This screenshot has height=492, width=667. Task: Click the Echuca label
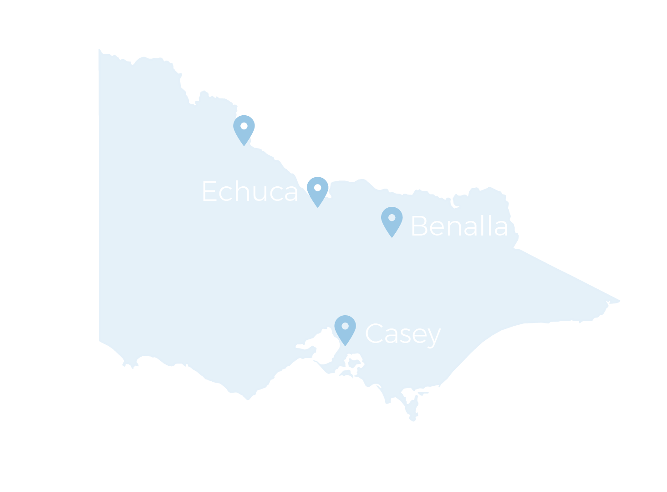click(x=249, y=191)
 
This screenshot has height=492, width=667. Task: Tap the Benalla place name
click(x=459, y=226)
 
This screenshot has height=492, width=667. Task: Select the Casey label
click(x=403, y=334)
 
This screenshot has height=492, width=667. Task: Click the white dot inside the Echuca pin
click(x=317, y=188)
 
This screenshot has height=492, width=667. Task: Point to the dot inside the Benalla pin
click(x=392, y=218)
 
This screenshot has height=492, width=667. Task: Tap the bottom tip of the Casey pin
click(x=345, y=345)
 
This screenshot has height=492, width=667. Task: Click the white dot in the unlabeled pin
click(x=244, y=126)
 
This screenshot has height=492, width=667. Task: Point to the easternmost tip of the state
click(x=619, y=301)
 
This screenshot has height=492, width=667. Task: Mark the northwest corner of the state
click(x=100, y=50)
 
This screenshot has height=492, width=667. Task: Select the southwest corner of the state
click(x=100, y=340)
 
